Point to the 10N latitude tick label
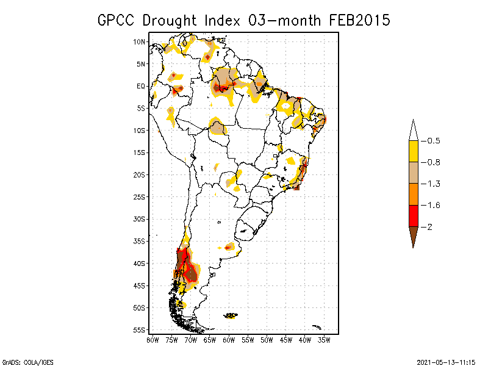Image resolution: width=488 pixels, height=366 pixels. pos(140,41)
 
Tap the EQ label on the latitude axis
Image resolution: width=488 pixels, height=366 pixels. pos(141,86)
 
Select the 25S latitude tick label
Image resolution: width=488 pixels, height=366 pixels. pos(140,196)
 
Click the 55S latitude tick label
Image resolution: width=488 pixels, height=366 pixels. pos(140,329)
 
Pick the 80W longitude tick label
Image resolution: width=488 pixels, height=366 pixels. pos(152,339)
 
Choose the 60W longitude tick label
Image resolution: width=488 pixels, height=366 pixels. pos(229,339)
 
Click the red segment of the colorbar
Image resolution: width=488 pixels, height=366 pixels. pos(414,215)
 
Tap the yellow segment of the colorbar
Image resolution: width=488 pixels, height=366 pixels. pos(414,151)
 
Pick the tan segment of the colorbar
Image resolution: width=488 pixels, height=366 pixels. pos(414,173)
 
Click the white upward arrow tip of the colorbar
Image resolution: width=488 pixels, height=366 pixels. pos(414,130)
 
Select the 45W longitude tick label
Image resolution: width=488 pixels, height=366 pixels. pos(285,339)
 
